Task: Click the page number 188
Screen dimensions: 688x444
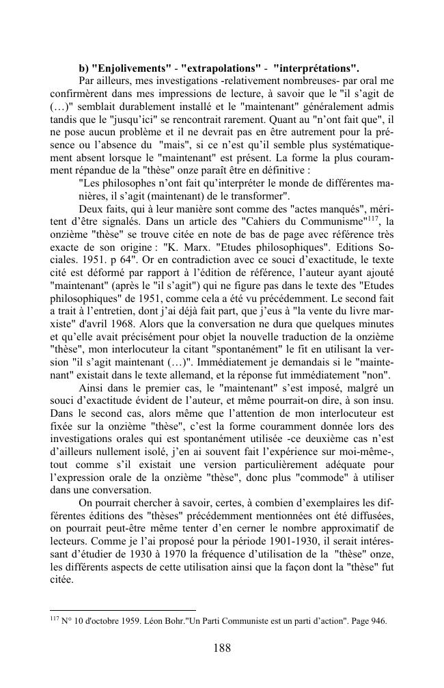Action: pyautogui.click(x=221, y=648)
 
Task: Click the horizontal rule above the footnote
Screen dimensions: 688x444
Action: pyautogui.click(x=123, y=610)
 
